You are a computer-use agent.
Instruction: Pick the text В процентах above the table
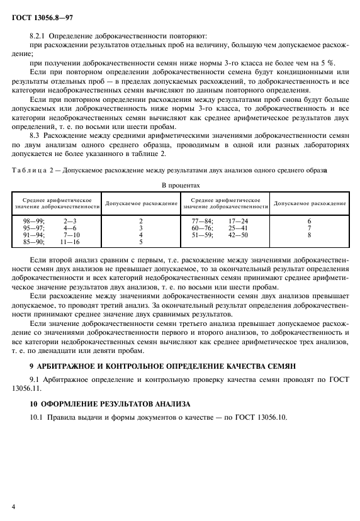point(181,186)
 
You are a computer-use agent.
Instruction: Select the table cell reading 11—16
point(70,241)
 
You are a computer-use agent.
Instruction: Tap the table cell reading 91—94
point(31,235)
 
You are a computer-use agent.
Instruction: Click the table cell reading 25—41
point(238,228)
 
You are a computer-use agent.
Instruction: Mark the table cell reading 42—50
point(238,235)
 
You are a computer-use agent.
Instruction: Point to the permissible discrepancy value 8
point(309,235)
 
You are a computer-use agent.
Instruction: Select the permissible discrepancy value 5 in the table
point(140,241)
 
